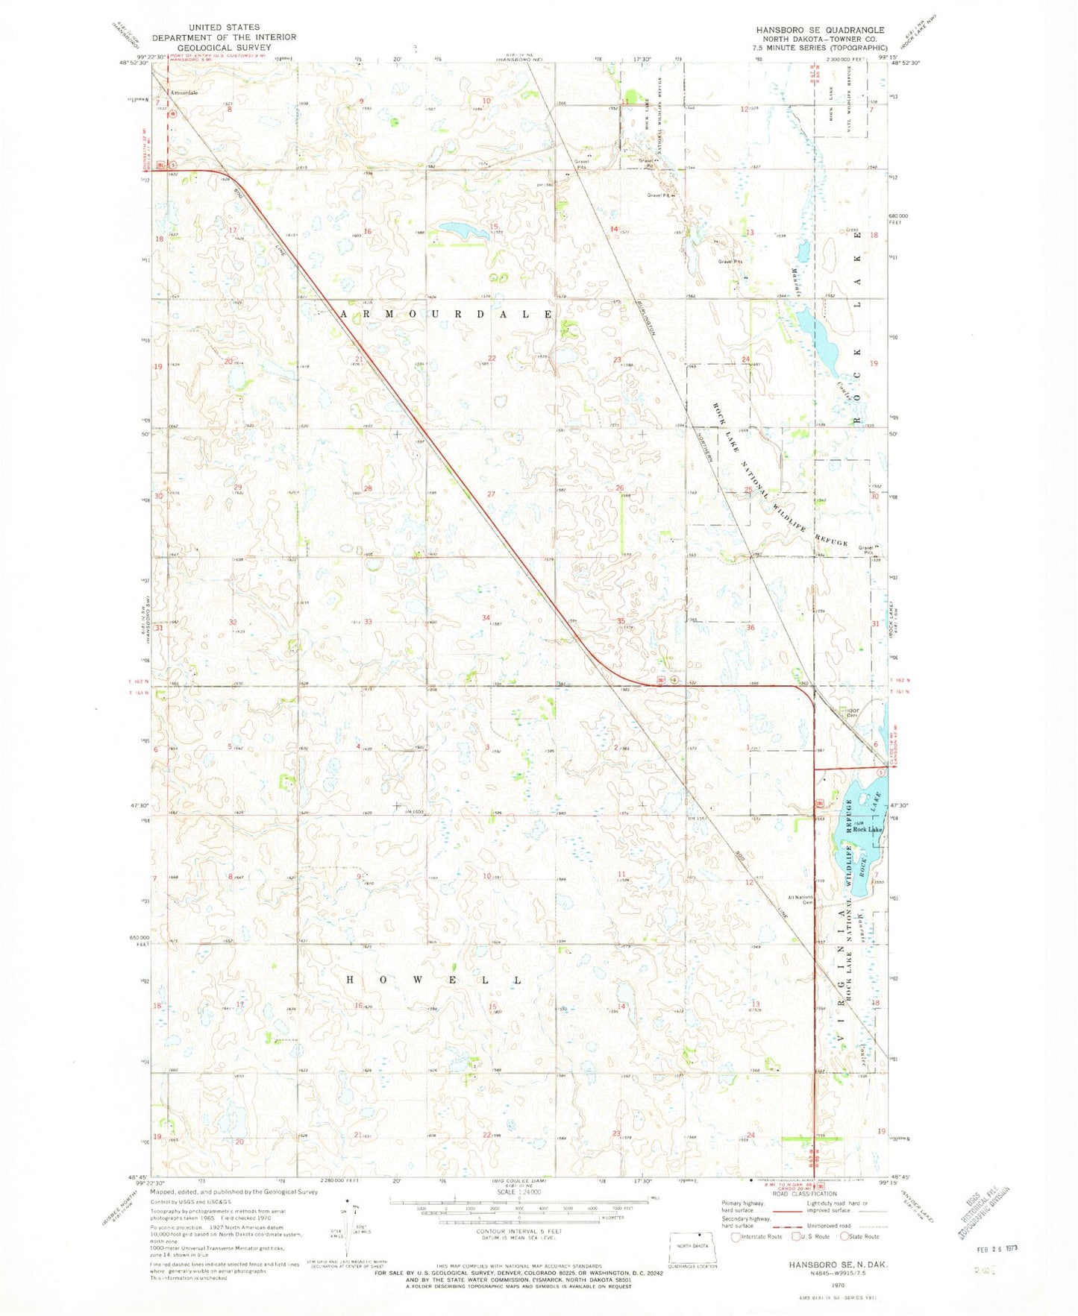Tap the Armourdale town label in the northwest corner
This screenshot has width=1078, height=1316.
[x=184, y=92]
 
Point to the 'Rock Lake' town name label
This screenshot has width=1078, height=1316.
[x=868, y=829]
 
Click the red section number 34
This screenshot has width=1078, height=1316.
[x=486, y=617]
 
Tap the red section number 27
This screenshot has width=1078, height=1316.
[x=491, y=494]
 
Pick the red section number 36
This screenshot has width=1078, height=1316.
[x=750, y=628]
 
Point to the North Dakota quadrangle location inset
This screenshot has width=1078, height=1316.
[x=693, y=1250]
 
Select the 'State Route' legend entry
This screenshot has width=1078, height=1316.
[x=859, y=1236]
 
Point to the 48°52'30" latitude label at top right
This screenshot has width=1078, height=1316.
[x=907, y=63]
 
